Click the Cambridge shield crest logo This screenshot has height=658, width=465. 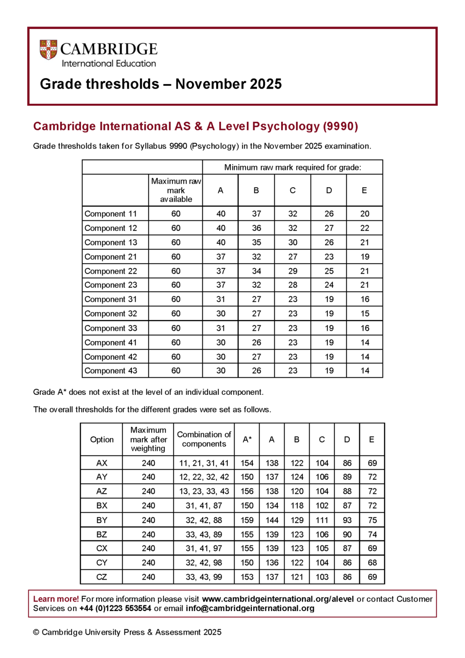coord(48,50)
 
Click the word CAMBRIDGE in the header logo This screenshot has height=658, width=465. coord(108,49)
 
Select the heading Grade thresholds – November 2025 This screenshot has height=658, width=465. coord(161,84)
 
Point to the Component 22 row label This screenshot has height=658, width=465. coord(111,271)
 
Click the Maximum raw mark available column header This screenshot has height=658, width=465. coord(176,190)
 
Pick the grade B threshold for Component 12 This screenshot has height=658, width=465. coord(257,228)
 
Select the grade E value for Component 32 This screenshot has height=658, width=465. coord(365,313)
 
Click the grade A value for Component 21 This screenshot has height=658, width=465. coord(220,257)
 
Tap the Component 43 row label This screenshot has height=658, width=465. coord(111,371)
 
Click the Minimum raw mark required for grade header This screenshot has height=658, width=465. coord(292,167)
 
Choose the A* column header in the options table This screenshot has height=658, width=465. coord(247,439)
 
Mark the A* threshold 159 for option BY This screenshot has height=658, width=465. coord(247,520)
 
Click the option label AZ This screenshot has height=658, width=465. coord(102,491)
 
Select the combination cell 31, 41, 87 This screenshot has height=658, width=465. coord(204,506)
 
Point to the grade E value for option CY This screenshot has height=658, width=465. coord(372,562)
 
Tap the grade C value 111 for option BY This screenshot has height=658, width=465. coord(322,520)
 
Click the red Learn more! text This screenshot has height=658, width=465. coord(56,599)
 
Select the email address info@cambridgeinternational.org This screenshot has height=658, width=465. coord(250,608)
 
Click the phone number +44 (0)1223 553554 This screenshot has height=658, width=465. coord(115,608)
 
